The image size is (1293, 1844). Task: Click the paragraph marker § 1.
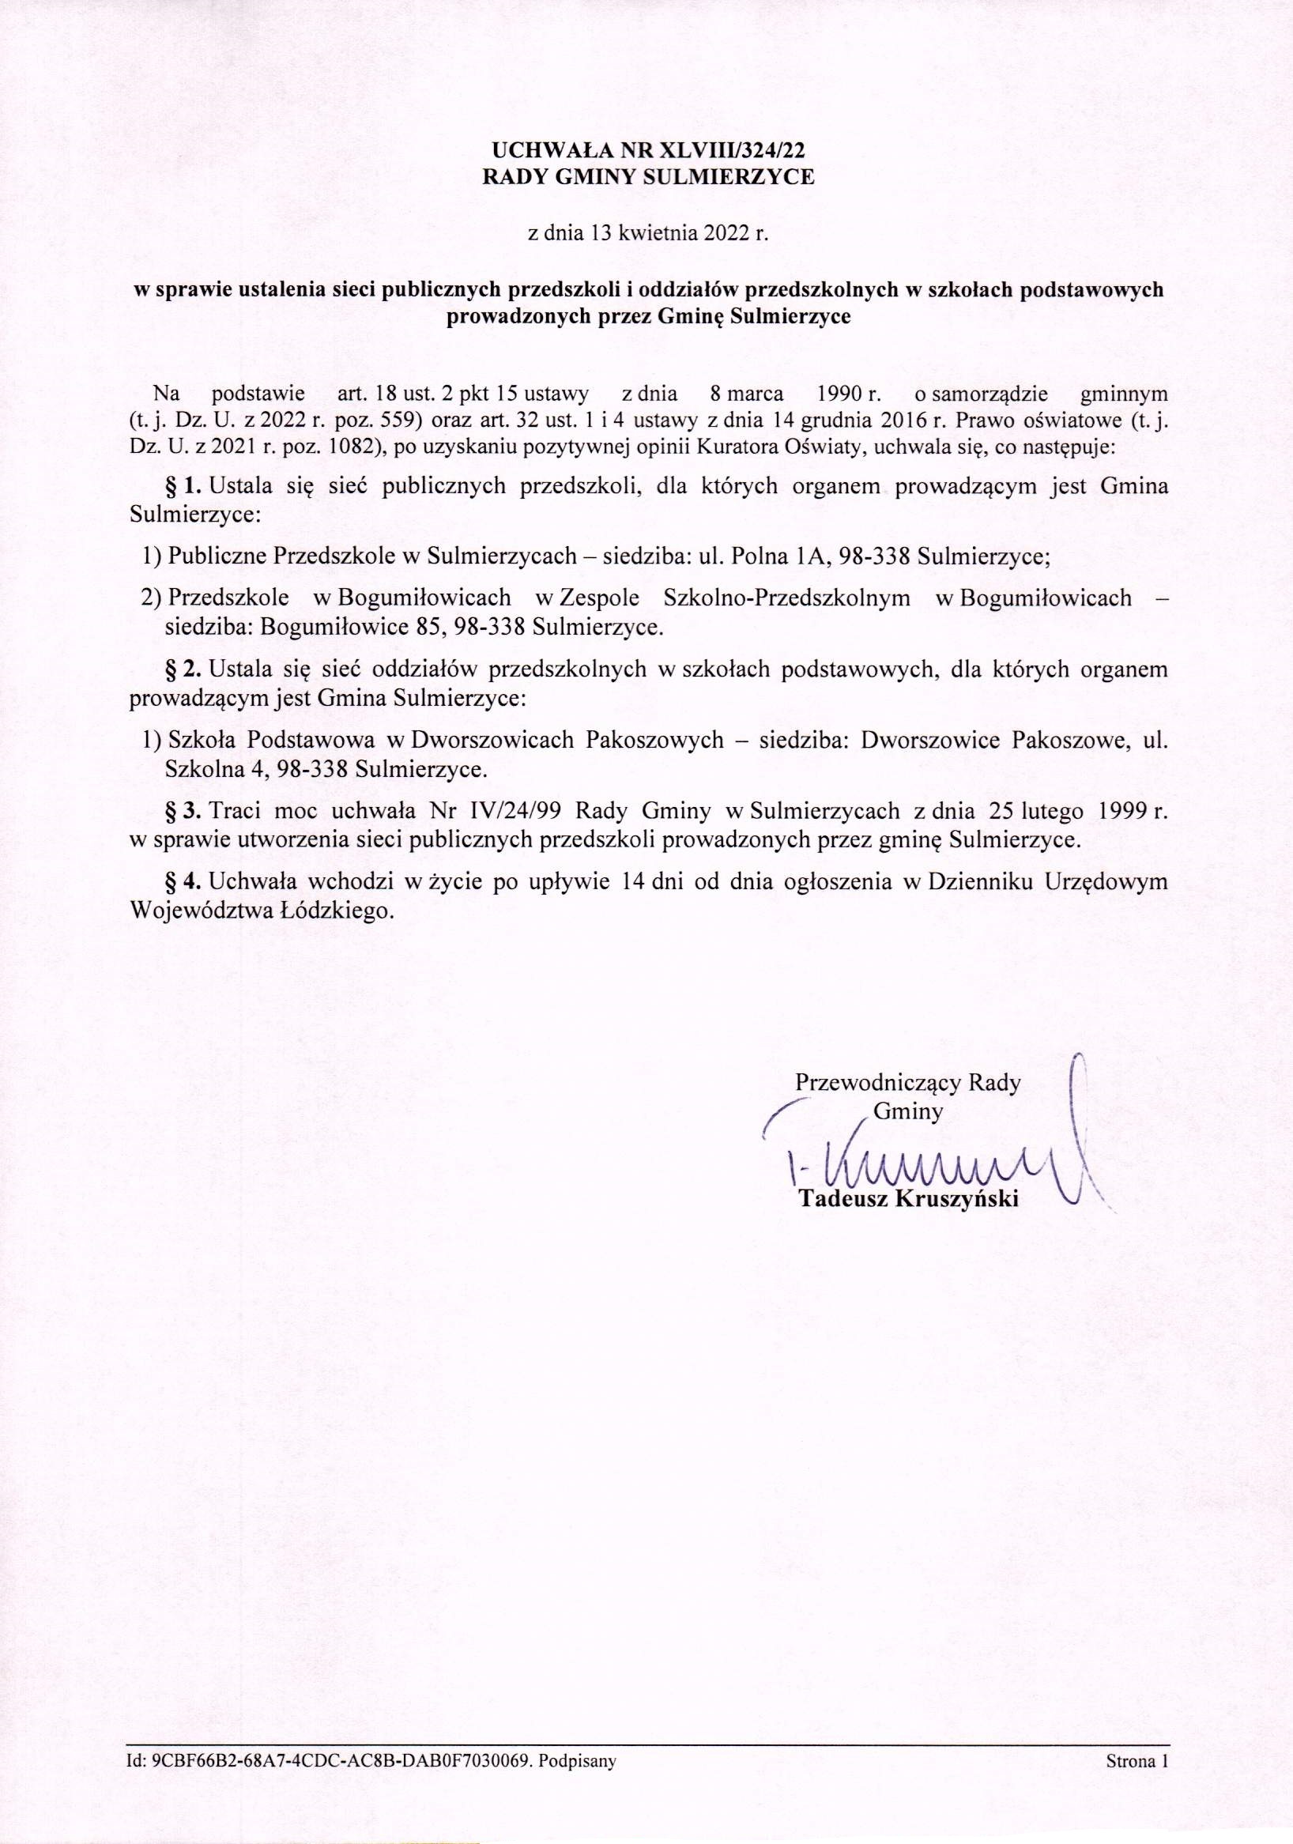coord(186,486)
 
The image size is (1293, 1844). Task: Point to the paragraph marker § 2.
coord(186,669)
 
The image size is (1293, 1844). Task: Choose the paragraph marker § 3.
coord(186,811)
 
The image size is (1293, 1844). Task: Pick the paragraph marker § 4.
coord(186,882)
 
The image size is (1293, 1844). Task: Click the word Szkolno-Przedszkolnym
coord(787,598)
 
